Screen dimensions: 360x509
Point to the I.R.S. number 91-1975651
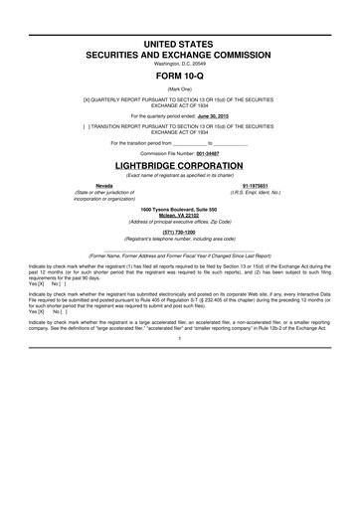(x=257, y=184)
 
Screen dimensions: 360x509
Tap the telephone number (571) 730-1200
(x=179, y=231)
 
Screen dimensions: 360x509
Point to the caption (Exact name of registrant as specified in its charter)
(x=179, y=173)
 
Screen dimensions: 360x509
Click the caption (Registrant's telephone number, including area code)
(x=179, y=238)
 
